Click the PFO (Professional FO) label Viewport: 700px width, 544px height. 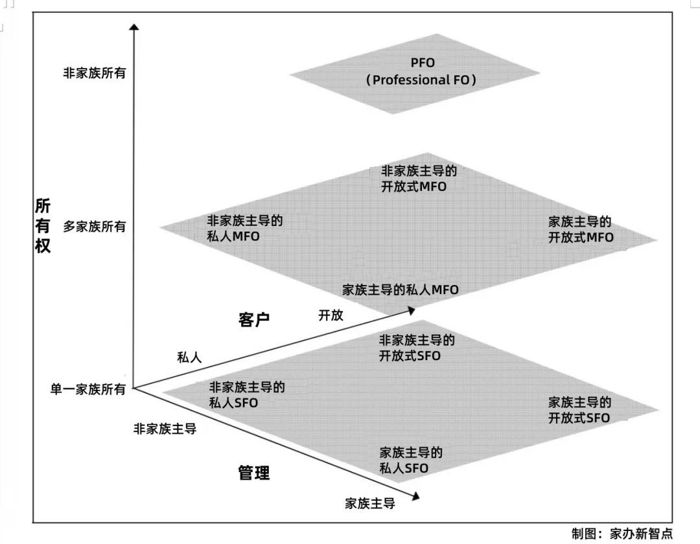[422, 72]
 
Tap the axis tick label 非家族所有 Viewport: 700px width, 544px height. [94, 73]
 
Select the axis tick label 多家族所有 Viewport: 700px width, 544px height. [94, 227]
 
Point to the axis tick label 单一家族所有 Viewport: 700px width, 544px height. [88, 389]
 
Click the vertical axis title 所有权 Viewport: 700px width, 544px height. [42, 226]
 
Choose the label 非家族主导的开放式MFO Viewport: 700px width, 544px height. [418, 179]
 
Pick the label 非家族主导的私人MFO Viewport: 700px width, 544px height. [244, 228]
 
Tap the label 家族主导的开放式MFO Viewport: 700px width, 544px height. [580, 229]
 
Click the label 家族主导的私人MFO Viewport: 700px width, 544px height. [400, 289]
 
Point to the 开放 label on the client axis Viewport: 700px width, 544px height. [331, 315]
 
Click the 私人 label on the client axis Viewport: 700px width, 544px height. [190, 357]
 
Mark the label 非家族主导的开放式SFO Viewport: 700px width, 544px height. [417, 348]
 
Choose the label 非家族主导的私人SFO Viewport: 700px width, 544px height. [246, 394]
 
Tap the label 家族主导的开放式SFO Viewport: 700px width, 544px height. [579, 409]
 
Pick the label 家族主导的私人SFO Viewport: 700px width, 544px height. [411, 460]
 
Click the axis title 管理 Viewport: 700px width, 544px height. [254, 473]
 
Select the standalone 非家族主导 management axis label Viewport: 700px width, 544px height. [165, 428]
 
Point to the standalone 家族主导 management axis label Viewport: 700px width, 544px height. [369, 503]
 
